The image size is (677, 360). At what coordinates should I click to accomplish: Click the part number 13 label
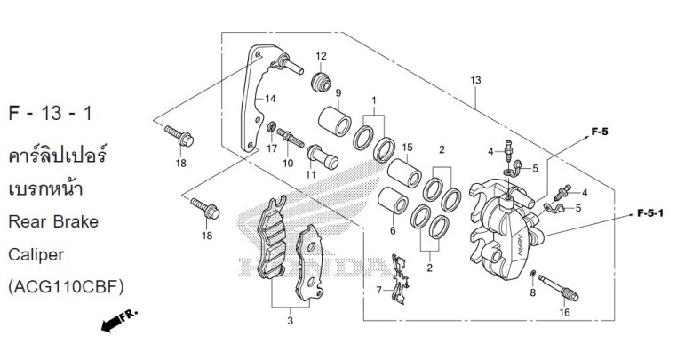476,81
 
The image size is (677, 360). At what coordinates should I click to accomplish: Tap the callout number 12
321,56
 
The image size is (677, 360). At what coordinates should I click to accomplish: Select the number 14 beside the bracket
270,98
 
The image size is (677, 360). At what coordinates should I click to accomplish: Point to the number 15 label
407,147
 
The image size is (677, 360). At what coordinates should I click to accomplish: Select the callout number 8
532,292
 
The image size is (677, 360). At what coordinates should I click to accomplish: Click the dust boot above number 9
323,82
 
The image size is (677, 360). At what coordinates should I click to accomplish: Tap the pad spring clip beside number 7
401,276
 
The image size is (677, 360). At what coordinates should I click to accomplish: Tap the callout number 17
273,148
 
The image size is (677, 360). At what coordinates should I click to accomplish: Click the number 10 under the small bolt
287,163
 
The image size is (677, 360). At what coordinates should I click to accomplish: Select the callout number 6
391,230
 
